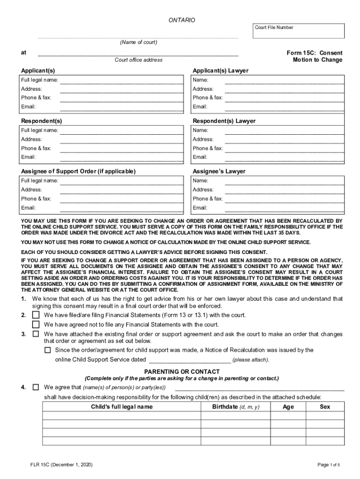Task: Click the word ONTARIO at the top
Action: pos(182,21)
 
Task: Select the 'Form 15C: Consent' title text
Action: pos(314,53)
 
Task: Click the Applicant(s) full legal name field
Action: pos(122,80)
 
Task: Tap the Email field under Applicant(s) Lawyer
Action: pos(284,107)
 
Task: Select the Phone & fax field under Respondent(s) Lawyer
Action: pos(284,148)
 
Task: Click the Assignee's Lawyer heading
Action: pos(219,172)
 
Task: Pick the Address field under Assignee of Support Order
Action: pos(122,190)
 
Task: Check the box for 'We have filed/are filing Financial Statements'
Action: pos(36,315)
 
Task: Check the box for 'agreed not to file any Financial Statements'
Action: pos(36,325)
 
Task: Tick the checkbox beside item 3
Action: pos(36,334)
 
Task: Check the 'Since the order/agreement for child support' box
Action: pos(48,350)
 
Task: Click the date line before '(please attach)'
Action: pos(189,360)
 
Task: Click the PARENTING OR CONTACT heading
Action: pos(182,371)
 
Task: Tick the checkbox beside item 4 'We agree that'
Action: pos(36,387)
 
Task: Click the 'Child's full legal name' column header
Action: pos(122,407)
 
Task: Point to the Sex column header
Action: pos(325,407)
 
